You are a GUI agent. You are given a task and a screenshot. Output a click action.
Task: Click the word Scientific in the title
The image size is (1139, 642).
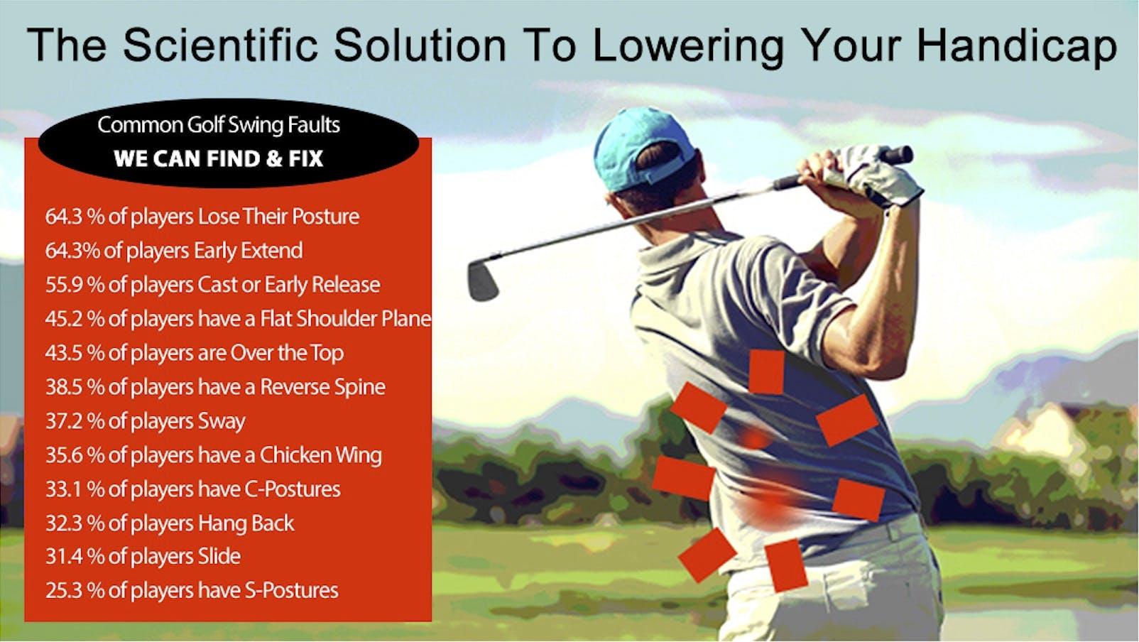point(221,45)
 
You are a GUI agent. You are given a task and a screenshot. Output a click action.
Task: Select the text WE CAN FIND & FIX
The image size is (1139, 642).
point(218,158)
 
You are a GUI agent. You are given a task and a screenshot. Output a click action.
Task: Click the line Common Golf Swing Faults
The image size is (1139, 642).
point(219,125)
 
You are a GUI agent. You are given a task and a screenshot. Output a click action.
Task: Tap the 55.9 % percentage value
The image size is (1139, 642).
point(75,285)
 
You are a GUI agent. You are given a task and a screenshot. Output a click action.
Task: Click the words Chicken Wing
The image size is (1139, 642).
point(320,455)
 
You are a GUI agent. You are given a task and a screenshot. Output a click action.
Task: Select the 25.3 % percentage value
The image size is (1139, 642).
point(75,591)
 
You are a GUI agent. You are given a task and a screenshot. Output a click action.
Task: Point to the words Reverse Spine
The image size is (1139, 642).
point(322,387)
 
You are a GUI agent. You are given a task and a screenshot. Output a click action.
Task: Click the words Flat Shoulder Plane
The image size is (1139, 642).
point(345,319)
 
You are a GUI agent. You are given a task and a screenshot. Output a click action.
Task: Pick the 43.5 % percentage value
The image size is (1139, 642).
point(75,353)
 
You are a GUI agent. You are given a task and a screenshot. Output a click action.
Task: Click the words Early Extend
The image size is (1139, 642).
point(248,251)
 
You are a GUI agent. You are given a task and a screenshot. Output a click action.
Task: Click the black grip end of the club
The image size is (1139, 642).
point(898,154)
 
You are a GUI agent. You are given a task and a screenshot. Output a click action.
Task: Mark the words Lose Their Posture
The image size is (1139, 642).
point(278,217)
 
